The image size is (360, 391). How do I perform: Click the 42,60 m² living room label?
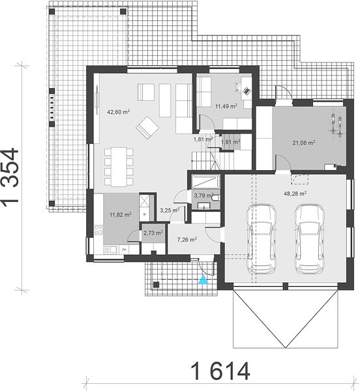(x=118, y=111)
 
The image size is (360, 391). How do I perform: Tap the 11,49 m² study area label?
(x=226, y=106)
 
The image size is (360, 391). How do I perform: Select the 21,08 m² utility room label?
(x=304, y=143)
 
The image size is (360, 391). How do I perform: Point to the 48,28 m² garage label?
(x=295, y=194)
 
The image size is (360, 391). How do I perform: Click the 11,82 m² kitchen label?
(x=121, y=214)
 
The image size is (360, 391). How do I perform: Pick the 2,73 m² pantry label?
(x=153, y=233)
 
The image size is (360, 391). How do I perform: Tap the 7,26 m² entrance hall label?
(x=187, y=240)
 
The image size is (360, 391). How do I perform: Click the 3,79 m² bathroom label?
(x=204, y=195)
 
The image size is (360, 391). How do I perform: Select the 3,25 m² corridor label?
(x=170, y=210)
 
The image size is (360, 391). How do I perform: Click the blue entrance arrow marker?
(x=203, y=280)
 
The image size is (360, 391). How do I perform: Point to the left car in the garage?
(x=262, y=239)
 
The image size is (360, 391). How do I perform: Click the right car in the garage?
(x=310, y=239)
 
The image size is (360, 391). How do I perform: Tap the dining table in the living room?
(x=119, y=167)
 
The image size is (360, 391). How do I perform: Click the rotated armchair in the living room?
(x=147, y=128)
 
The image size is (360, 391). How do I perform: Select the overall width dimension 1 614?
(x=220, y=371)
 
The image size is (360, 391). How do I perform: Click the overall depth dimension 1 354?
(x=10, y=176)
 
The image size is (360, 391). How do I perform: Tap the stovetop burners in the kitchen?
(x=98, y=229)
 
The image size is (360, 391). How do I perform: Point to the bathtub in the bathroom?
(x=205, y=181)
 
